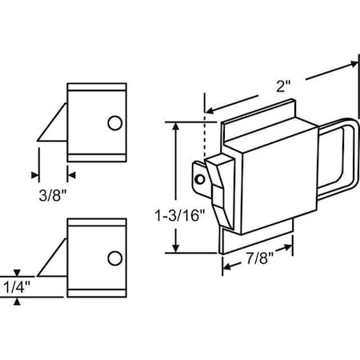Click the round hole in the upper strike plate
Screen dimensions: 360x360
tap(114, 122)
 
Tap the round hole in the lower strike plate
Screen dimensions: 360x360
tap(114, 258)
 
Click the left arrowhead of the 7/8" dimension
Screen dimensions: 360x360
tap(225, 266)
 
